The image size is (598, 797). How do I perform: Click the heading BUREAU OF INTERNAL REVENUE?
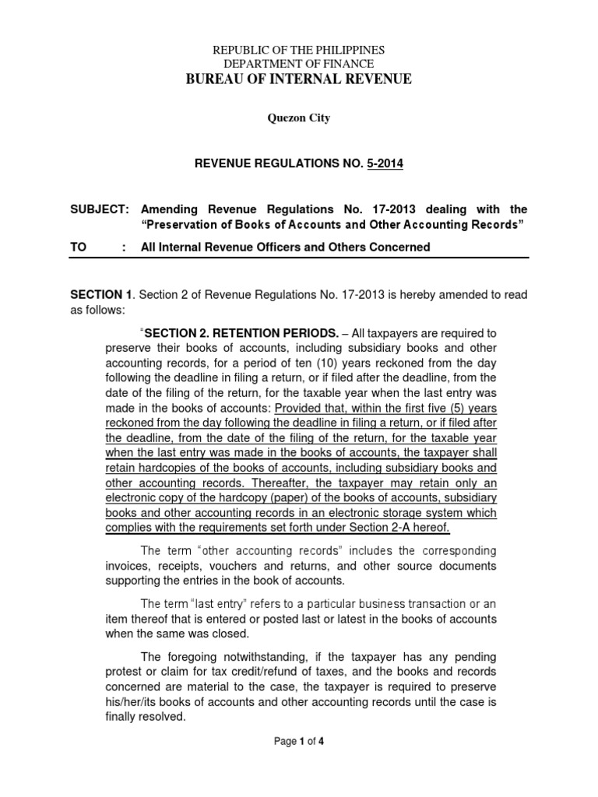pos(298,79)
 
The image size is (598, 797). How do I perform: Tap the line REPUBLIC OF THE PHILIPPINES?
pos(298,50)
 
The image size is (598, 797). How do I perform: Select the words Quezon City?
pos(298,118)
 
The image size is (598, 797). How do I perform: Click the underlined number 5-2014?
pos(384,164)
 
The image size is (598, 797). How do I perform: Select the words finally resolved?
pos(146,718)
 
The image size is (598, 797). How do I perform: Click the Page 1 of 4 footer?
pos(299,742)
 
